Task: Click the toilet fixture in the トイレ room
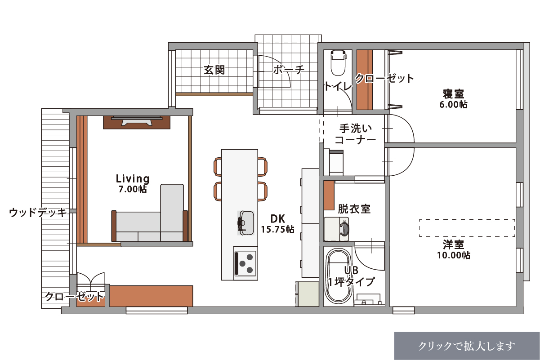338,62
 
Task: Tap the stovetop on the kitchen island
245,264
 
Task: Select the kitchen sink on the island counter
245,223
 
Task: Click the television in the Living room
137,121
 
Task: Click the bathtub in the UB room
338,275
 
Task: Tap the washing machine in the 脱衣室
336,229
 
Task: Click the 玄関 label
214,70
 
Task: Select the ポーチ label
289,69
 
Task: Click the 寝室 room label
453,94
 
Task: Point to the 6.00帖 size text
453,105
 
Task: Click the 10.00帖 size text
454,255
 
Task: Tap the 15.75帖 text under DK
277,229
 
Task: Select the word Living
133,178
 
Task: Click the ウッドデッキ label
38,213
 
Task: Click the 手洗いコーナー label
355,134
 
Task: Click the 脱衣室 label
354,209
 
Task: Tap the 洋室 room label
453,244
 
